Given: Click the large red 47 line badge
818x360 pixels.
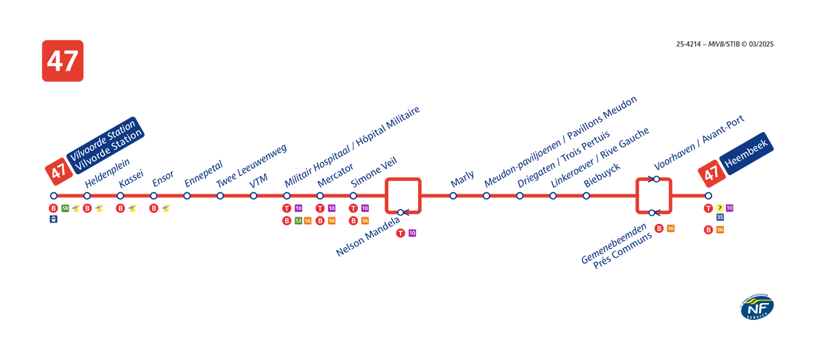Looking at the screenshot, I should (x=63, y=61).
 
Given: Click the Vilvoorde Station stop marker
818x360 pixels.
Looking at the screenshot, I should (x=54, y=196).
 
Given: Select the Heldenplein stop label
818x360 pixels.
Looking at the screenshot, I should (x=107, y=173).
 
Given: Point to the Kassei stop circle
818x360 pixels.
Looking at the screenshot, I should (x=120, y=196).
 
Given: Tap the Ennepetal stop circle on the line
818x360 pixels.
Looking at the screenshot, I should (x=187, y=196).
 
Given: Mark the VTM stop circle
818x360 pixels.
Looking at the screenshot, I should (x=253, y=196).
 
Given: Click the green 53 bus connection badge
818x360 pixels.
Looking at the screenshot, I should (x=298, y=221).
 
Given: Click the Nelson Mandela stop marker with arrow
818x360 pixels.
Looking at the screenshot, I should (x=401, y=212).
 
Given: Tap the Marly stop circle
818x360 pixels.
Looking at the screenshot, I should (x=453, y=196).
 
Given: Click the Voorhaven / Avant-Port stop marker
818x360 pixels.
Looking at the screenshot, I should (x=656, y=179).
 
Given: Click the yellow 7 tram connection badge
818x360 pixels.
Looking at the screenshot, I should (x=720, y=208).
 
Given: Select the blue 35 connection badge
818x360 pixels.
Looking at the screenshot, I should (x=720, y=217).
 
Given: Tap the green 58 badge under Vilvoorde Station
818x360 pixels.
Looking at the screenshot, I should (x=65, y=208).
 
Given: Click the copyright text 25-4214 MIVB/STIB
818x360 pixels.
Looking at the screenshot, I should (x=724, y=45).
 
